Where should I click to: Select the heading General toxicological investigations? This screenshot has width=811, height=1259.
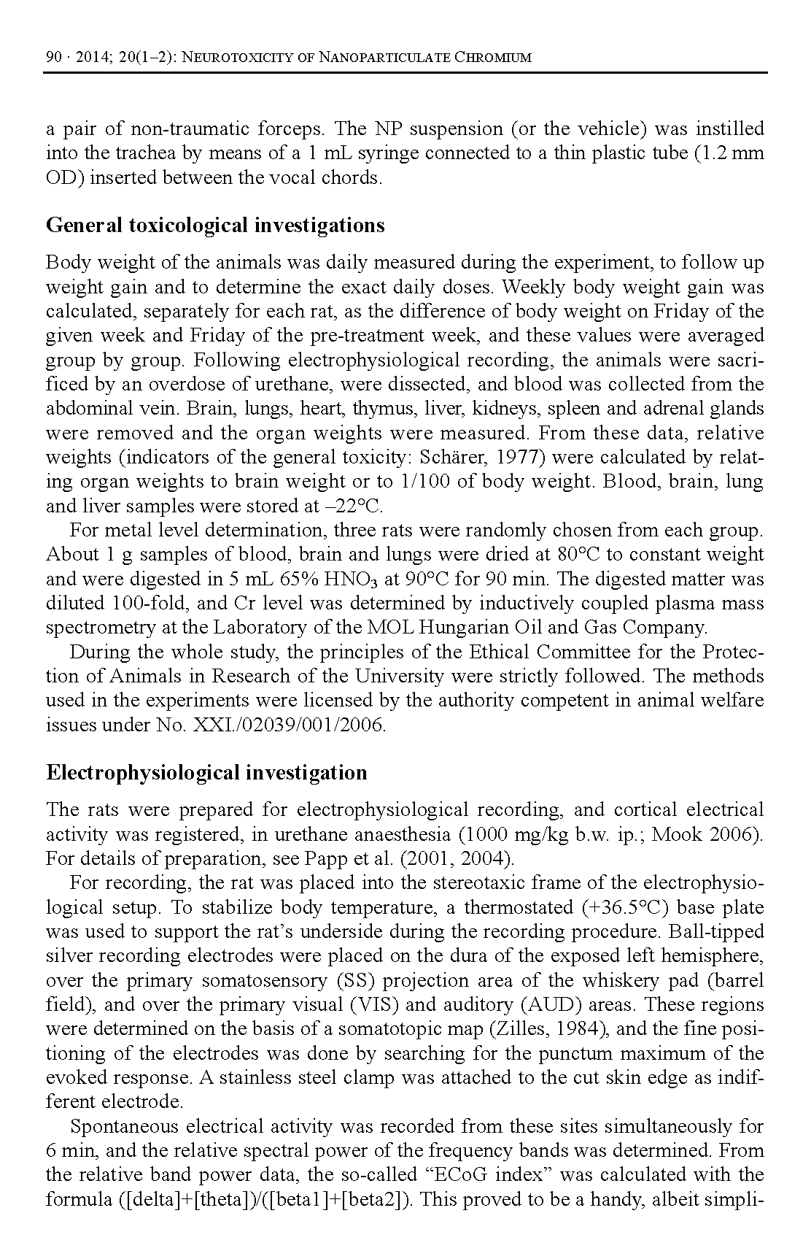(x=215, y=225)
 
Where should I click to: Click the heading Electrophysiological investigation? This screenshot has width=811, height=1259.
(x=206, y=772)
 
